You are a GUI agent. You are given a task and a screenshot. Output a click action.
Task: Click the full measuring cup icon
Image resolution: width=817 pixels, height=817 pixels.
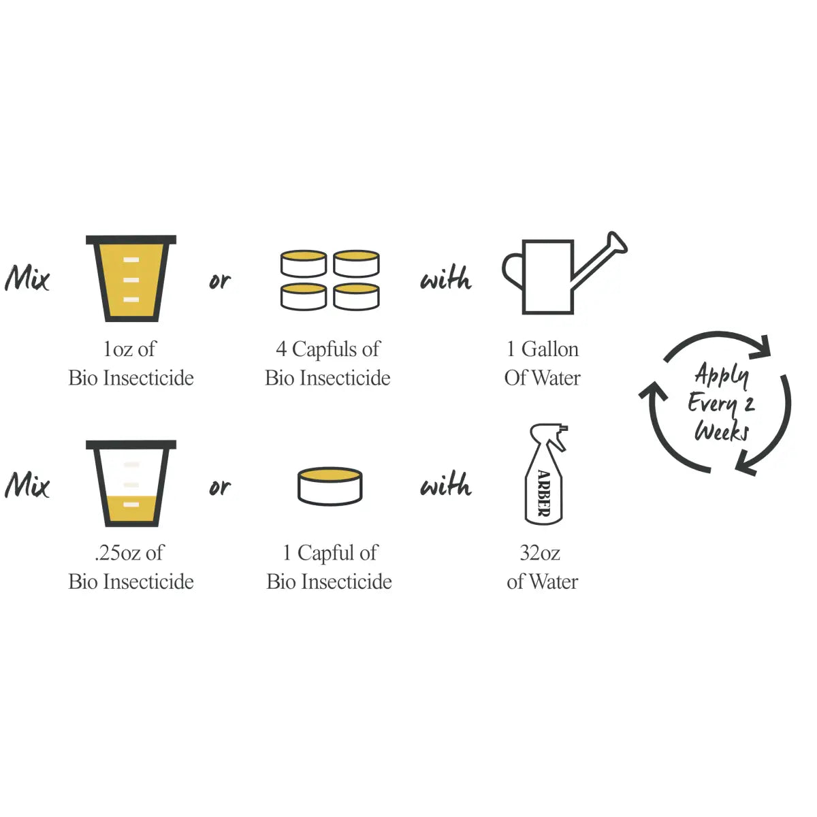click(131, 278)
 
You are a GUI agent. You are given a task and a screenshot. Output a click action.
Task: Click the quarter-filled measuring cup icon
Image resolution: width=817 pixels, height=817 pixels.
click(131, 483)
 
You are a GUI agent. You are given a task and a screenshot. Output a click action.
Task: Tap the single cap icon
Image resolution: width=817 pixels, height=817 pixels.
click(330, 486)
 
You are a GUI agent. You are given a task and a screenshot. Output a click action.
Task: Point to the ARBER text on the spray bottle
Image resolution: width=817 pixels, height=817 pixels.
click(544, 493)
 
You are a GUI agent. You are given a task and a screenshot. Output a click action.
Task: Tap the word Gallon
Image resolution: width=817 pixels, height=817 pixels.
click(549, 350)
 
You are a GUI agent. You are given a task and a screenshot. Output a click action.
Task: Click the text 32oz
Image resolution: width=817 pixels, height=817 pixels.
click(540, 553)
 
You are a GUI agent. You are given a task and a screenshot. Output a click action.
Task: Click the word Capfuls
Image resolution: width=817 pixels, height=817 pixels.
click(325, 350)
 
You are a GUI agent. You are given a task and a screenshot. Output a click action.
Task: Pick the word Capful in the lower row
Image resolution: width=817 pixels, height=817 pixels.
click(327, 554)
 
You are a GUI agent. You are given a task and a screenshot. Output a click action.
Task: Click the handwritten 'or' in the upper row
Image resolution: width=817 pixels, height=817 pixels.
click(220, 281)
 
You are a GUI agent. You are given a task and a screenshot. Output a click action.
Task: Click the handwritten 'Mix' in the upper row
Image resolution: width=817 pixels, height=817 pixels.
click(27, 278)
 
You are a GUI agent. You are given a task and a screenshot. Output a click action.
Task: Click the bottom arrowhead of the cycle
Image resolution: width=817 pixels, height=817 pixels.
click(746, 464)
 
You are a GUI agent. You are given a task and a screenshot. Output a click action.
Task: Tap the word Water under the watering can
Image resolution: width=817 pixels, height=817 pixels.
click(556, 378)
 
